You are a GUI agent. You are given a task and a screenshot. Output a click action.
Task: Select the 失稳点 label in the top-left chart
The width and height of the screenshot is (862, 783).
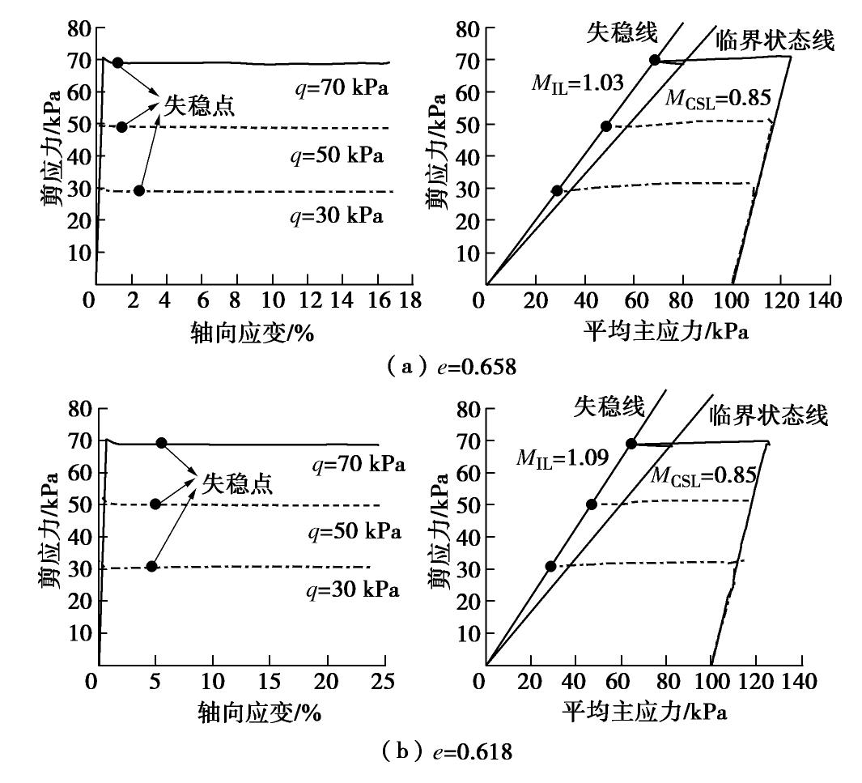[200, 104]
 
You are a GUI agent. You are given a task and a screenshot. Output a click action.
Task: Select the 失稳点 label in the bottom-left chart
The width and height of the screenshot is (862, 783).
[237, 483]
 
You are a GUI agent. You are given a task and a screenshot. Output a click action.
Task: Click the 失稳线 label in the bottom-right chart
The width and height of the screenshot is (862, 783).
[609, 406]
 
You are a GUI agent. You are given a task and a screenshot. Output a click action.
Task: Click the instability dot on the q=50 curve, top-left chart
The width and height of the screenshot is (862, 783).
[121, 126]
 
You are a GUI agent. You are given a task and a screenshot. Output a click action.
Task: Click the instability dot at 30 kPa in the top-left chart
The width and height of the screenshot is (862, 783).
[139, 190]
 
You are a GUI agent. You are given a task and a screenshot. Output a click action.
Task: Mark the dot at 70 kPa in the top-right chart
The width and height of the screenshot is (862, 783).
[655, 60]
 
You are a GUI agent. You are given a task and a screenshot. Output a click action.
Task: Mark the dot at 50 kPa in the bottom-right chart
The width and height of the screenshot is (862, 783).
[592, 504]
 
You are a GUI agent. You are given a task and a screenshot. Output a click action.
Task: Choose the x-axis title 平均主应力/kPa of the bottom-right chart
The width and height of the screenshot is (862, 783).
[643, 712]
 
